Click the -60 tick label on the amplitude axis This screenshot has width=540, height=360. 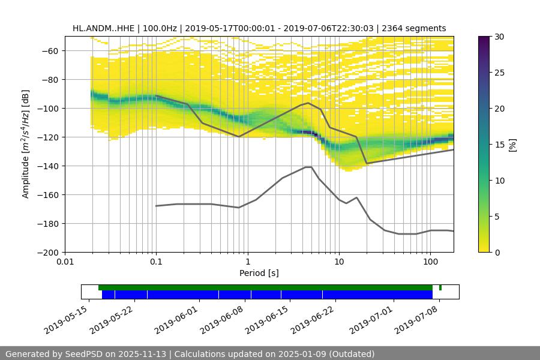50,51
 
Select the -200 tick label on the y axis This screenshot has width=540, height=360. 48,253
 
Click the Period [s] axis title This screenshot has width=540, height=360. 259,274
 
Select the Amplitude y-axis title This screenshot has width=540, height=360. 26,144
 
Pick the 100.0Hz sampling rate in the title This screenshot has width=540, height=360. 163,28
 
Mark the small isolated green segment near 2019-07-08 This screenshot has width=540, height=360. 440,287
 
